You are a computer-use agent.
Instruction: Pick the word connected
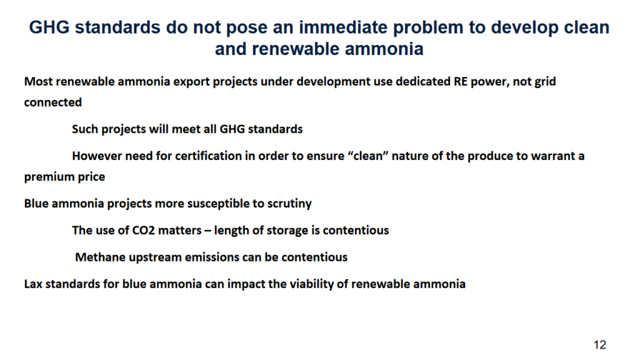click(x=52, y=102)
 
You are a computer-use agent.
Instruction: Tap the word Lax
click(x=34, y=284)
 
